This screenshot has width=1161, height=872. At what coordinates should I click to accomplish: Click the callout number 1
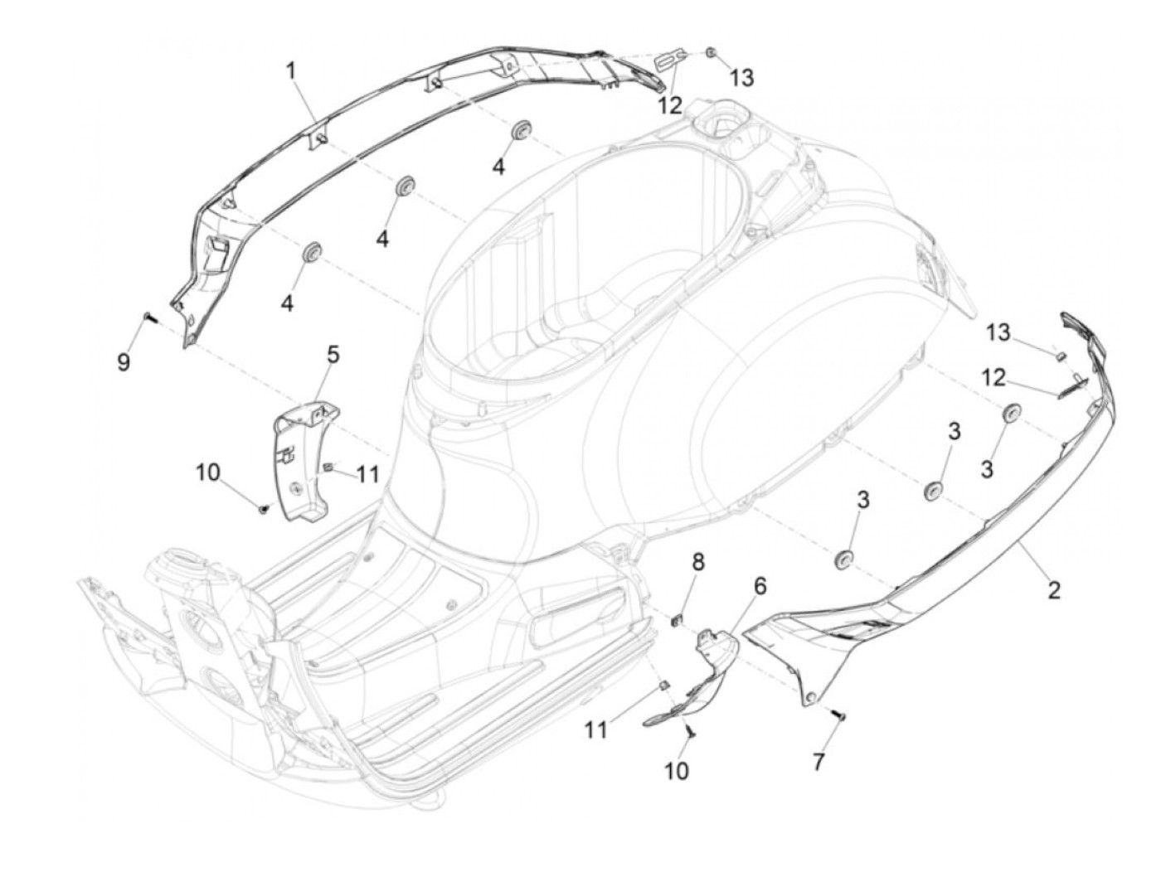click(x=291, y=70)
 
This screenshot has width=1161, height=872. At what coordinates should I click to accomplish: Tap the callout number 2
click(x=1053, y=590)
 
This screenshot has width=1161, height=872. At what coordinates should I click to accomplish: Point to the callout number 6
click(x=760, y=586)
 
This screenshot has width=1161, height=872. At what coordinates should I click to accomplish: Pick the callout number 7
click(x=819, y=762)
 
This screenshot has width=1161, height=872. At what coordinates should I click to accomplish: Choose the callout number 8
click(x=698, y=562)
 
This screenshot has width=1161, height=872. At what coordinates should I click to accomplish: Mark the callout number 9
click(x=124, y=361)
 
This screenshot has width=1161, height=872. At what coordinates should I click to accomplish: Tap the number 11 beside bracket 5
click(x=367, y=475)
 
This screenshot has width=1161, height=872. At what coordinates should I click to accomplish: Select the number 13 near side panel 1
click(x=741, y=78)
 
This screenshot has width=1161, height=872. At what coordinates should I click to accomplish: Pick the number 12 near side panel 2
click(x=993, y=378)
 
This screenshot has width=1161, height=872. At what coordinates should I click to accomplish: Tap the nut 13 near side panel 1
click(x=712, y=54)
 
